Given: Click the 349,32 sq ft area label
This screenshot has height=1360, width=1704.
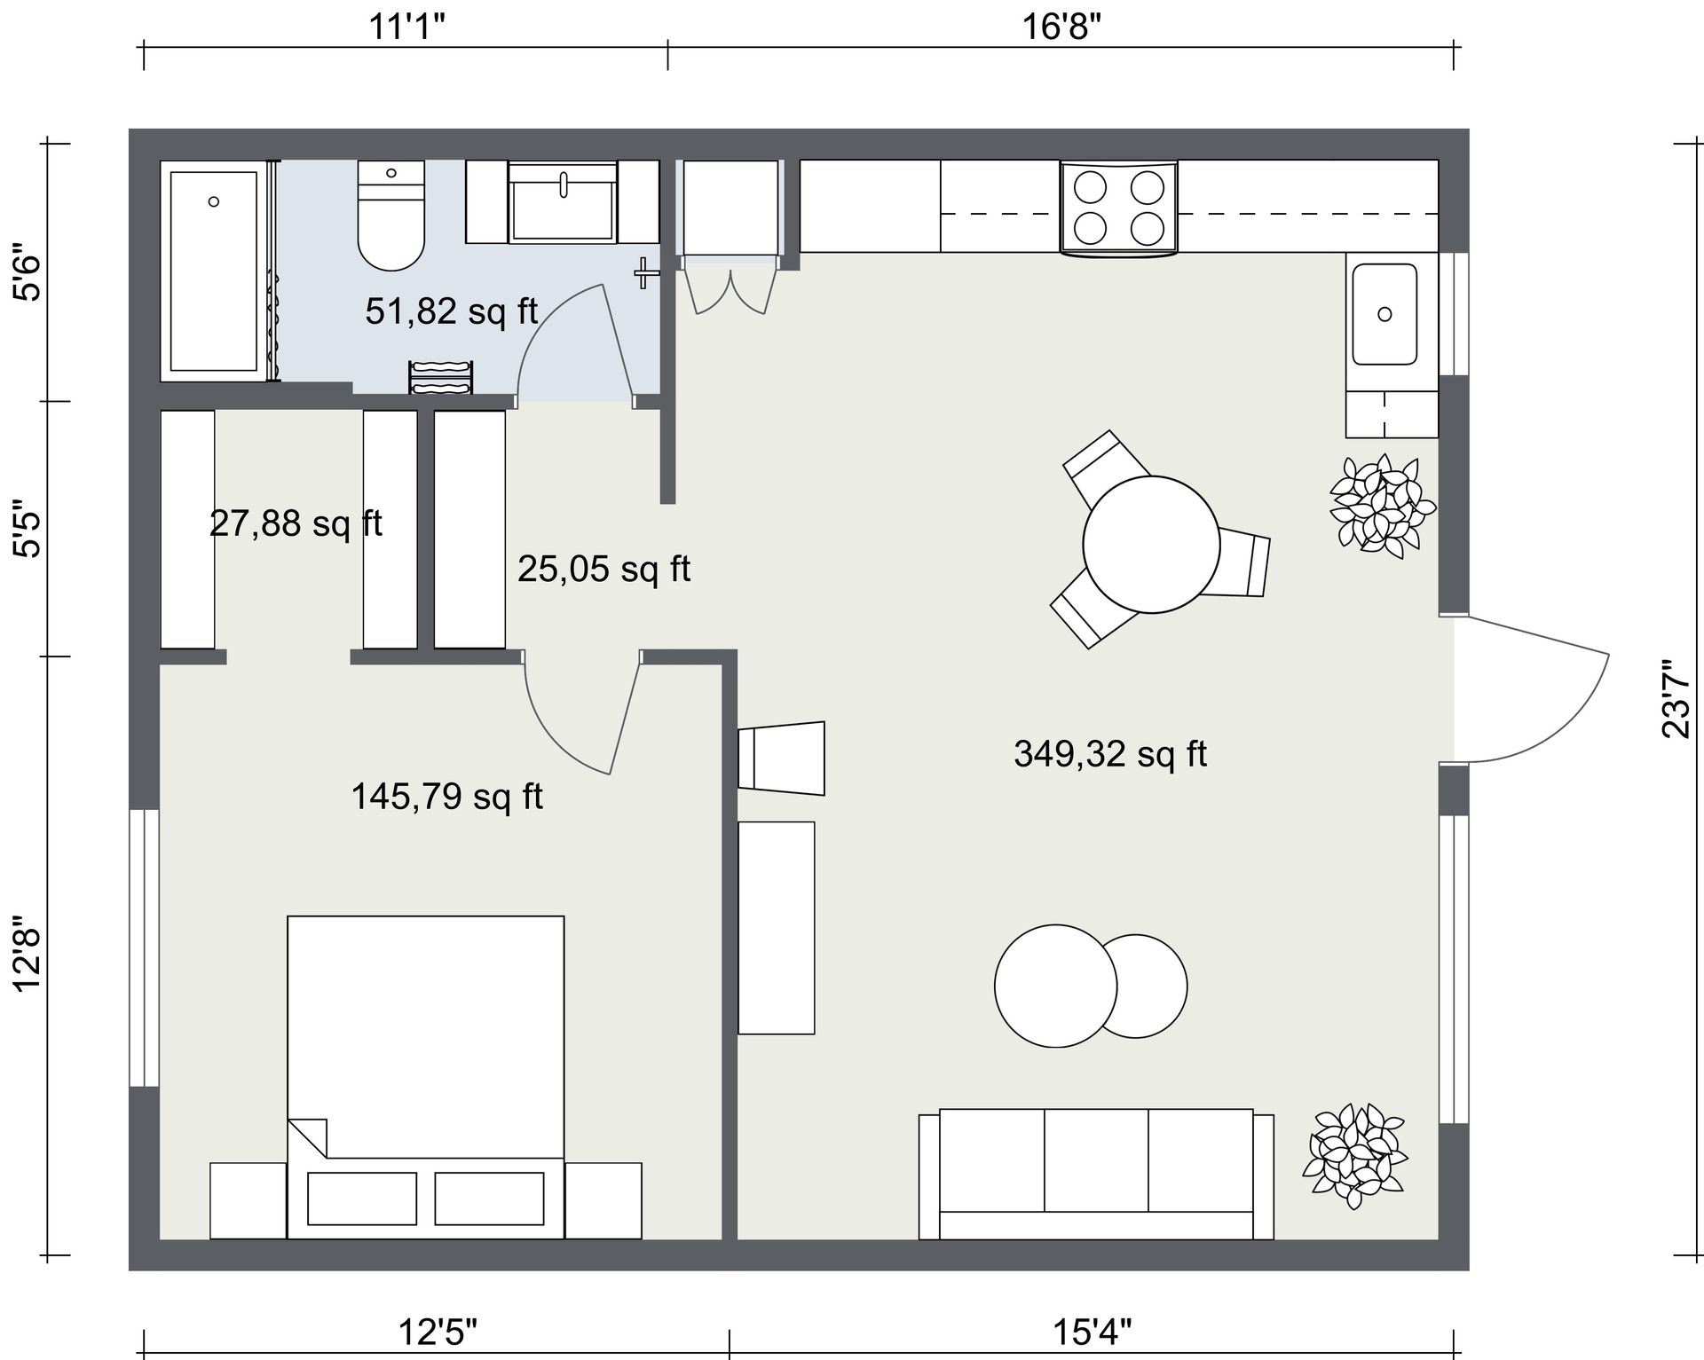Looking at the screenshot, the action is coord(1110,754).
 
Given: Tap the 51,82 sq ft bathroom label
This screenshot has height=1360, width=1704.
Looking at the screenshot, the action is coord(452,311).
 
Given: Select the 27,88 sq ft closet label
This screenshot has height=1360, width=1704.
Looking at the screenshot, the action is coord(296,523).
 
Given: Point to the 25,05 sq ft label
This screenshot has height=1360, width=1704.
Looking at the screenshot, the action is coord(603,569).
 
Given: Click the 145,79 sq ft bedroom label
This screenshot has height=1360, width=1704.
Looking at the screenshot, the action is coord(447,797).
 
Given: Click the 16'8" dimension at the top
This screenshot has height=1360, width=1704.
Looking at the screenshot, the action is coord(1061,27).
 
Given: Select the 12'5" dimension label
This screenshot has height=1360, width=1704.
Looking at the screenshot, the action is coord(438,1332).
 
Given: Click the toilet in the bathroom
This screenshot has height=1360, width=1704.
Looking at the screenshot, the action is coord(390,216).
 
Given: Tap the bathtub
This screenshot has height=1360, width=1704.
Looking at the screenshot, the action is coord(213,271).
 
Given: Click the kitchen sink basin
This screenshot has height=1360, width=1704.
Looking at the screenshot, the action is coord(1384,314).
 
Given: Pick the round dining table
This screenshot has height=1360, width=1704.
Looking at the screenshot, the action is coord(1151,544).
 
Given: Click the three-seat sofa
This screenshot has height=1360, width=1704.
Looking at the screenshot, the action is coord(1096,1174).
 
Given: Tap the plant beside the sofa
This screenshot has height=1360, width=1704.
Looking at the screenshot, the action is coord(1354,1155).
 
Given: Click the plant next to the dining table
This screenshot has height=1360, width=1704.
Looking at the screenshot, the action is coord(1382,507).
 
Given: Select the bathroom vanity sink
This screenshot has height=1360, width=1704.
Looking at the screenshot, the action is coord(563,201).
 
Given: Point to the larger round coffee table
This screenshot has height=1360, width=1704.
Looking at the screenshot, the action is coord(1055,986).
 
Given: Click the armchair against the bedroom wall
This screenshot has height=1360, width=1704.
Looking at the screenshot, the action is coord(781,759).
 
